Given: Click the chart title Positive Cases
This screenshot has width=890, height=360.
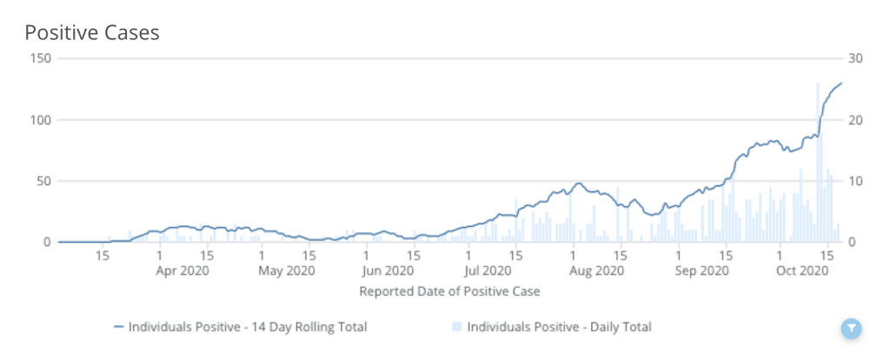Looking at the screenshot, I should [91, 32].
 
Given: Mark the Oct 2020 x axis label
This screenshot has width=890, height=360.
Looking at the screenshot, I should [804, 271].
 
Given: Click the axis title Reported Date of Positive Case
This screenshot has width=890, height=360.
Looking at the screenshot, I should [449, 291].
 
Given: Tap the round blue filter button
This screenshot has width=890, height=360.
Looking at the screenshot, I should [852, 328].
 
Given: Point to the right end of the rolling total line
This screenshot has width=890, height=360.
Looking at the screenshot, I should [841, 83].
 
